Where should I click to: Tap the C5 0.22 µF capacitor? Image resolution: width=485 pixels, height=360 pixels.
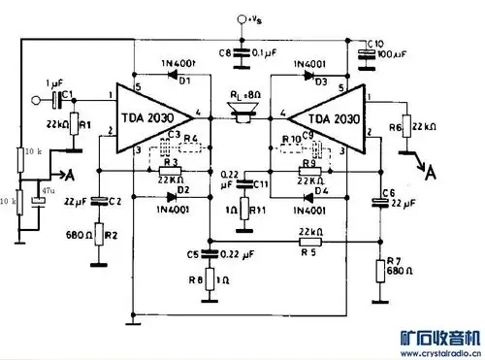[209, 254]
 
